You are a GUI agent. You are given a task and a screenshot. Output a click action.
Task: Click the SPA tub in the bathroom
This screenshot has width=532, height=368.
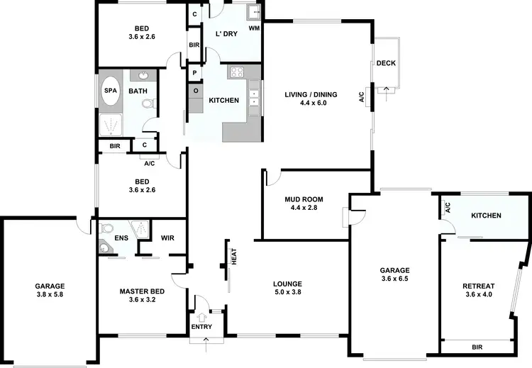(x=111, y=91)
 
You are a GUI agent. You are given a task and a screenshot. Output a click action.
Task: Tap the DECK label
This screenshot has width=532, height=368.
(x=386, y=63)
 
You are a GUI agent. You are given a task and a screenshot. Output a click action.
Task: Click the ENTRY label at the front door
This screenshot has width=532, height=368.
(x=201, y=326)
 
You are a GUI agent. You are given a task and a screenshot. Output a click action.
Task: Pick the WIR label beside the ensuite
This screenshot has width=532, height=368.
(x=168, y=238)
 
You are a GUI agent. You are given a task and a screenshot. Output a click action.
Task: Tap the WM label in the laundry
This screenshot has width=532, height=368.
(x=254, y=28)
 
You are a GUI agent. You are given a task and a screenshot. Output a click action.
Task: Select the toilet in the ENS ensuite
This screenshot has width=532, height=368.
(x=106, y=229)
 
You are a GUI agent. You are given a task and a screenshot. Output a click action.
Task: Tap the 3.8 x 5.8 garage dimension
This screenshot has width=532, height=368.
(x=50, y=294)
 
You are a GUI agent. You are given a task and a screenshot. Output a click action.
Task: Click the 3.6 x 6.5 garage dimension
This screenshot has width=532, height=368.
(x=395, y=279)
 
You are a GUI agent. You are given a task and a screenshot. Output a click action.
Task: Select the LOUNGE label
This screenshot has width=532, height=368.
(x=287, y=284)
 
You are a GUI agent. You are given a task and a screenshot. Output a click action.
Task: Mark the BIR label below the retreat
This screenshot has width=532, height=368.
(x=477, y=347)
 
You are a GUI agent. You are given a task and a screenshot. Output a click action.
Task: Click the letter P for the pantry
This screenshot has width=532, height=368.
(x=194, y=72)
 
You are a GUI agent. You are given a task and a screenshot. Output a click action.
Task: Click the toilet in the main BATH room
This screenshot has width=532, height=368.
(x=148, y=104)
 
